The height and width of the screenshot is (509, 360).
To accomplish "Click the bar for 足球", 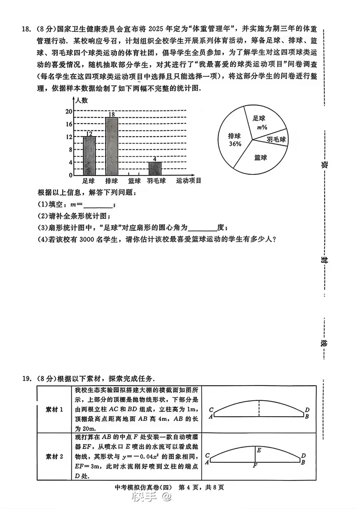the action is pyautogui.click(x=89, y=156).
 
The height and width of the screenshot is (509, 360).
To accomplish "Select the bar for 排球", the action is pyautogui.click(x=111, y=146).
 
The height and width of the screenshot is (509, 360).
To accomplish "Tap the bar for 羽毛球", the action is pyautogui.click(x=155, y=169).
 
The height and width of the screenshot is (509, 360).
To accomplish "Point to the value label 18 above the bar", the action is pyautogui.click(x=111, y=114).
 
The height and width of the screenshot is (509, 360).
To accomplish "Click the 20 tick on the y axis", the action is pyautogui.click(x=69, y=111).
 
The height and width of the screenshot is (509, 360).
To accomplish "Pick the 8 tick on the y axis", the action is pyautogui.click(x=70, y=150).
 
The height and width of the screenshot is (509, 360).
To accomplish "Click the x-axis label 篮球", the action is pyautogui.click(x=134, y=181).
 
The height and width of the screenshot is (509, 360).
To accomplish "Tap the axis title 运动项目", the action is pyautogui.click(x=189, y=181).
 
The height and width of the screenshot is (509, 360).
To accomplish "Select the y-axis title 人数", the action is pyautogui.click(x=81, y=100).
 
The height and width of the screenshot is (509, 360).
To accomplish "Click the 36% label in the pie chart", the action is pyautogui.click(x=235, y=144).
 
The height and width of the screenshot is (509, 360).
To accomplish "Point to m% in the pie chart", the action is pyautogui.click(x=262, y=127).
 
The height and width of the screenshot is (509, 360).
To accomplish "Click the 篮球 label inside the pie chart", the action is pyautogui.click(x=260, y=158).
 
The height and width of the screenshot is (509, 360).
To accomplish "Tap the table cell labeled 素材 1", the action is pyautogui.click(x=54, y=409).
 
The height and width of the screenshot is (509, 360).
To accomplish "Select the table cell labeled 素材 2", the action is pyautogui.click(x=54, y=456).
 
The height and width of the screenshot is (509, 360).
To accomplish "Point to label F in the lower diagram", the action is pyautogui.click(x=255, y=466).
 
